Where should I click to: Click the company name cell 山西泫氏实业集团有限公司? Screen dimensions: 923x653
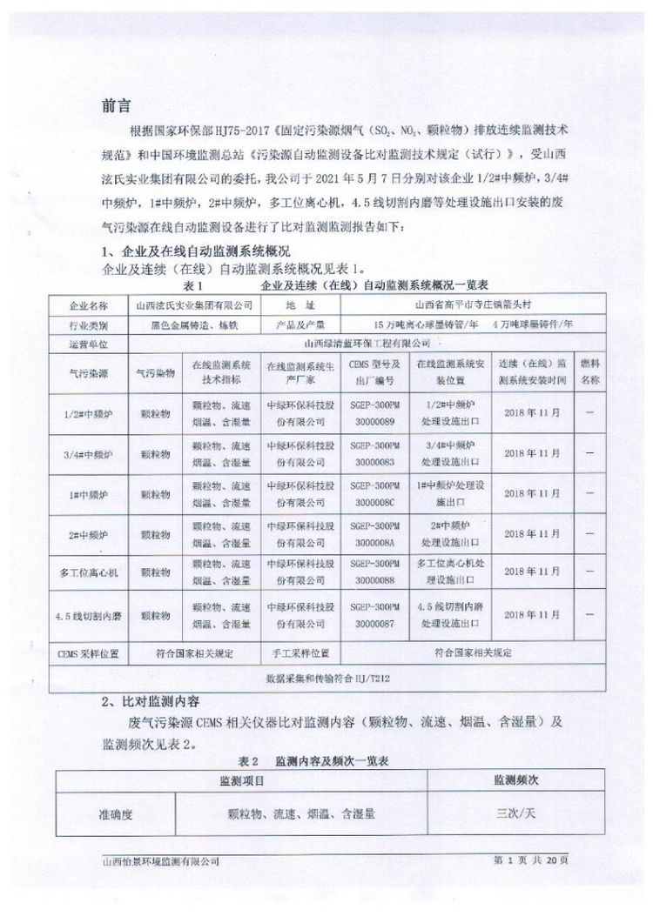click(190, 305)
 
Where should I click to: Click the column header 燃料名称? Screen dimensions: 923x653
click(590, 372)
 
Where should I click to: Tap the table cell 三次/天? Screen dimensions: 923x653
click(515, 815)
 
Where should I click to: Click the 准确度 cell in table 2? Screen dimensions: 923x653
click(114, 815)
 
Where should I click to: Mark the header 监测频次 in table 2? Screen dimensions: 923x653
click(515, 780)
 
